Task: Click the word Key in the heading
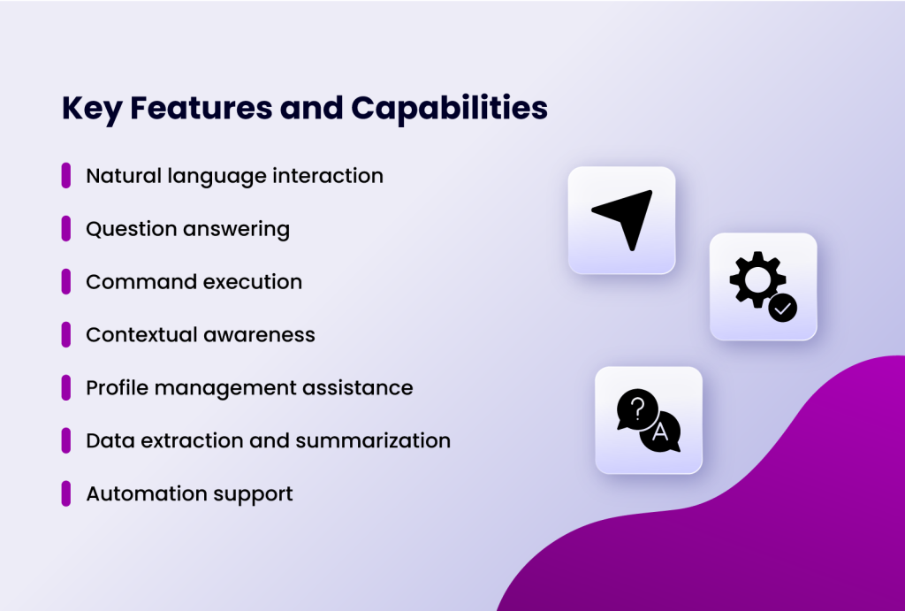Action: (x=91, y=108)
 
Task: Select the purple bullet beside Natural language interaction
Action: (x=66, y=175)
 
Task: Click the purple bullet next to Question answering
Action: (x=66, y=228)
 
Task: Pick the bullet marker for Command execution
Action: (x=66, y=281)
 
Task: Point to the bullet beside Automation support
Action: (x=66, y=493)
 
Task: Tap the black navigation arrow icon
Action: (x=625, y=218)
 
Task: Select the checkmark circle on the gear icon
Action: (x=783, y=308)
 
